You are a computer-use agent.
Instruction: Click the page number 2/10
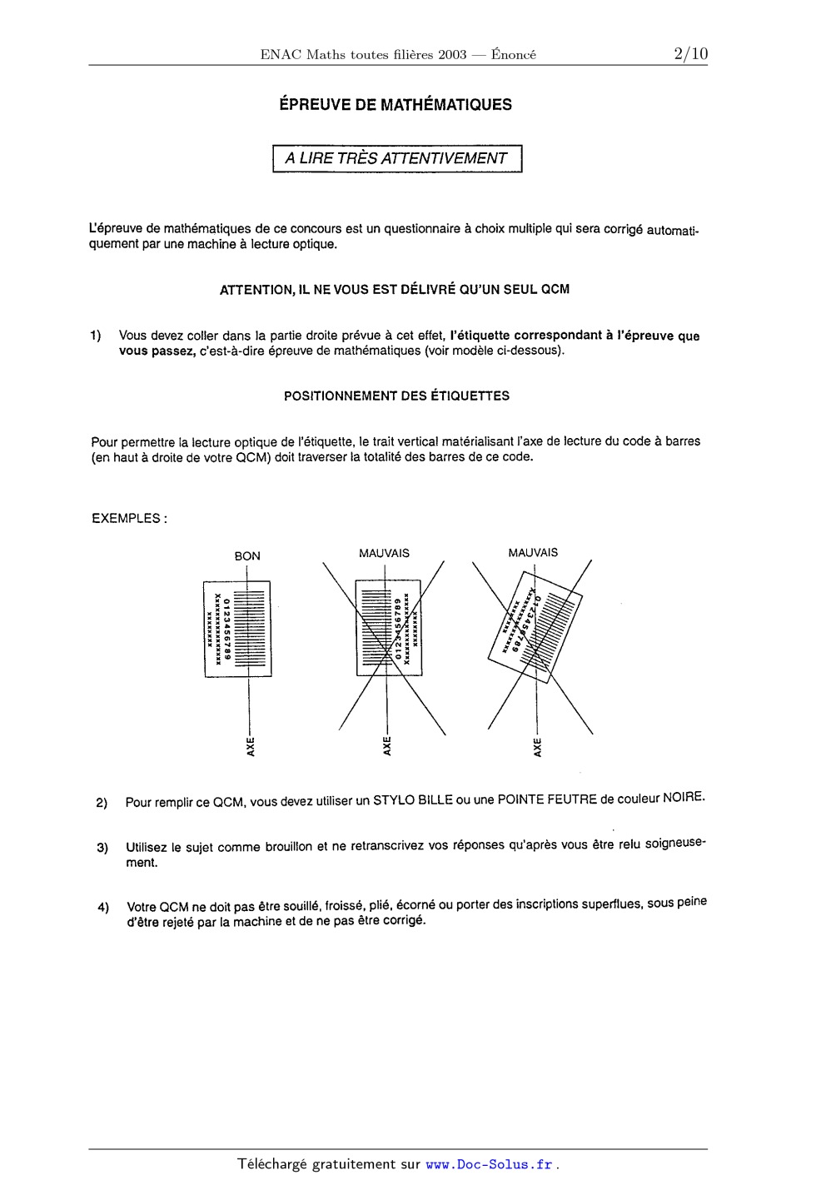tap(690, 54)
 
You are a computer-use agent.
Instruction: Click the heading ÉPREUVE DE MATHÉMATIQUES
tap(396, 105)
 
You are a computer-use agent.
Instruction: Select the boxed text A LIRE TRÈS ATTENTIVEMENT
tap(397, 158)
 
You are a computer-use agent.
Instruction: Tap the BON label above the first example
tap(247, 556)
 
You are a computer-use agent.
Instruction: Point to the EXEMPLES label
tap(129, 518)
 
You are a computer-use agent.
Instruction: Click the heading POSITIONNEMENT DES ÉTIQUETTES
tap(397, 396)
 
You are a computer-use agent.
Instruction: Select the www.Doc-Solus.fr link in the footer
tap(489, 1165)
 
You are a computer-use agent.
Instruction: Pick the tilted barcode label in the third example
tap(535, 625)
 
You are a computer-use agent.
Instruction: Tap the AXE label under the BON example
tap(250, 746)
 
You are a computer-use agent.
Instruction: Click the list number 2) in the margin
tap(102, 804)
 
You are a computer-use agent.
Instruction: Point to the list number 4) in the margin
tap(102, 908)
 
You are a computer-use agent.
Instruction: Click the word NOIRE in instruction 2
tap(684, 798)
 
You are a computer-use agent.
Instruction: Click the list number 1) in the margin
tap(97, 336)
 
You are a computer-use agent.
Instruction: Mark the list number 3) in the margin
tap(102, 849)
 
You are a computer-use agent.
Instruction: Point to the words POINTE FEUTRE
tap(547, 799)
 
